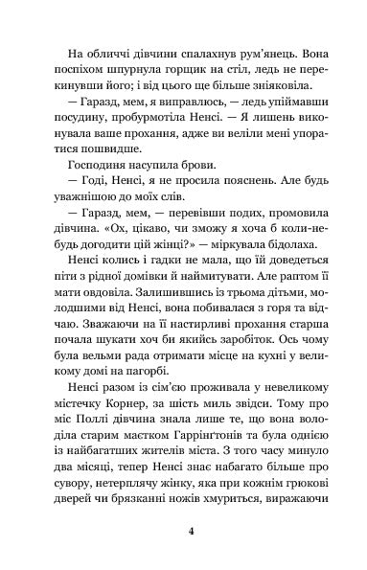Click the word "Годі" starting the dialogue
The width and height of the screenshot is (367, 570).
[x=90, y=192]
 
